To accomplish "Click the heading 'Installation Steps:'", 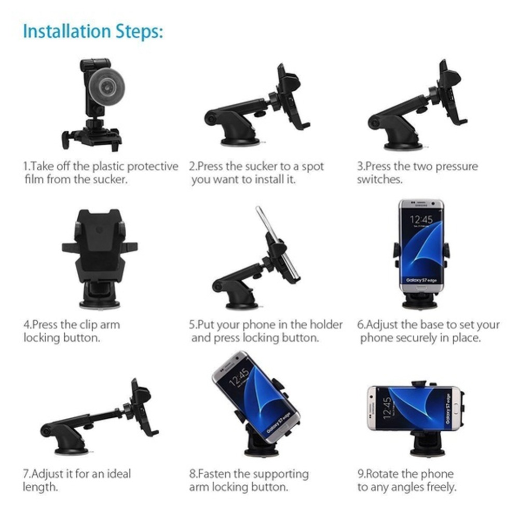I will [x=93, y=31].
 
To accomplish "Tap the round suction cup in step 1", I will [x=103, y=84].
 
